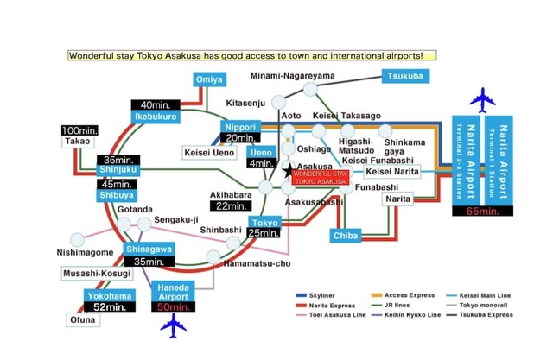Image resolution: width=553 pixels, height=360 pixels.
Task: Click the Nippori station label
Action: coord(236,125)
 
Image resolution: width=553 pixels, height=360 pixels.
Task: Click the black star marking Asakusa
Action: coord(289,172)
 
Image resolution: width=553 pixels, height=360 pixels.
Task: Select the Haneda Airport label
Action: coord(175,291)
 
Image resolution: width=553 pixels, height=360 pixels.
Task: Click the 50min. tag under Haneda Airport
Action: coord(175,306)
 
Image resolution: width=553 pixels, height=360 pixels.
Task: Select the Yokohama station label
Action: coord(108,295)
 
